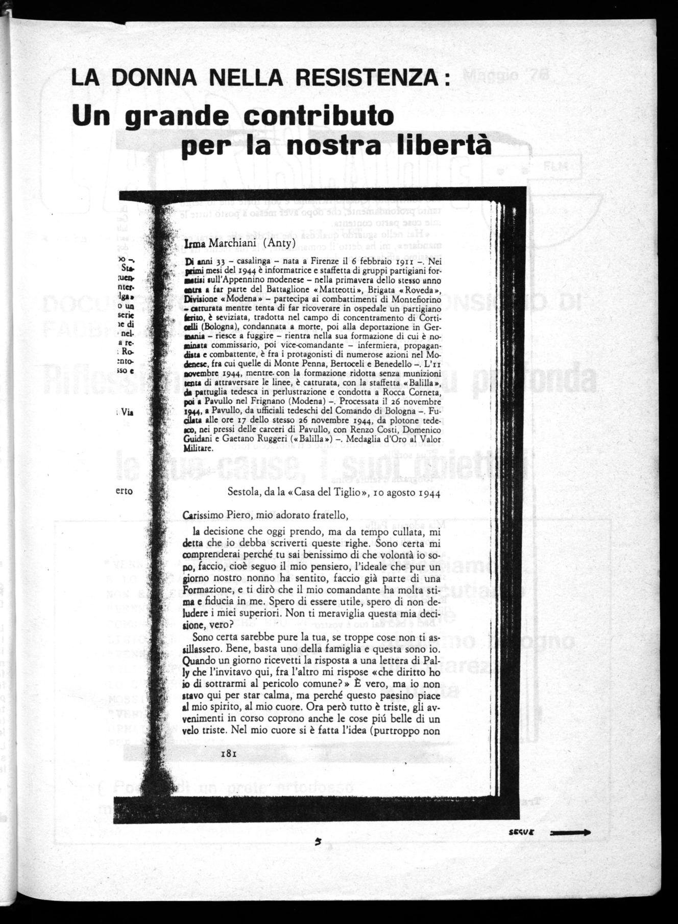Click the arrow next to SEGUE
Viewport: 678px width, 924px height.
570,833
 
